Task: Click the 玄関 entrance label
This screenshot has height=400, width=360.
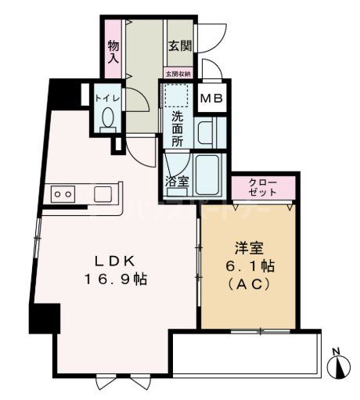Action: (x=179, y=46)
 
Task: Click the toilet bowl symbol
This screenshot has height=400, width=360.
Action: (x=108, y=120)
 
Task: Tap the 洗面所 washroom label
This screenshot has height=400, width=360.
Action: (x=178, y=129)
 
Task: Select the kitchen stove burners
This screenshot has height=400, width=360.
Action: (x=63, y=193)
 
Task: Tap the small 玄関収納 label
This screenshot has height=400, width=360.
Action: (x=177, y=74)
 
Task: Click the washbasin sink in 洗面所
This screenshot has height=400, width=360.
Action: (x=208, y=131)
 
